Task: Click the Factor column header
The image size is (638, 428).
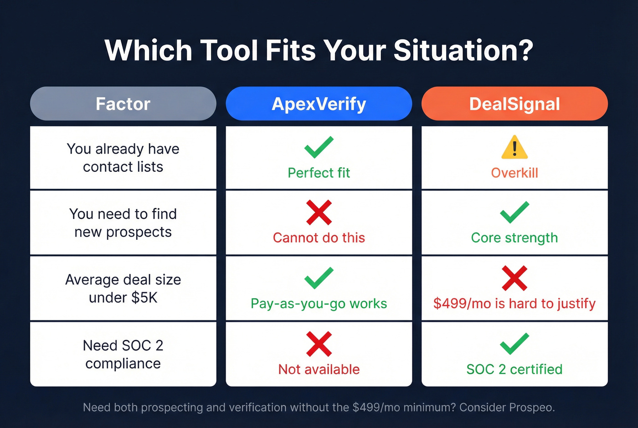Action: coord(123,104)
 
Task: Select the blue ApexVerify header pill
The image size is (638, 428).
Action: coord(319,104)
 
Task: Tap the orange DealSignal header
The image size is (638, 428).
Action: coord(515,104)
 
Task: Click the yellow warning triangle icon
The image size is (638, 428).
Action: coord(515,147)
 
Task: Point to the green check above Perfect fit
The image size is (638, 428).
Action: coord(319,147)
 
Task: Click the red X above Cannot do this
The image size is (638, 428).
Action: coord(319,212)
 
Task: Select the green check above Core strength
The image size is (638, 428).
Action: coord(515,212)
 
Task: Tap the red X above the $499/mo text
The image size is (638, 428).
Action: coord(515,278)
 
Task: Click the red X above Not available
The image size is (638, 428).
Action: coord(319,344)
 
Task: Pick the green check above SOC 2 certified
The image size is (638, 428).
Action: coord(515,344)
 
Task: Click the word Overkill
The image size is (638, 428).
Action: coord(515,173)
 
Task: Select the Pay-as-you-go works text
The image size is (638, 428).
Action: coord(319,304)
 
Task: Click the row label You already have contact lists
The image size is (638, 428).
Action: coord(123,158)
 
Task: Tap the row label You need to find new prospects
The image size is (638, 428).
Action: coord(123,223)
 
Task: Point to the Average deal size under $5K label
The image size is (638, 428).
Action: coord(123,289)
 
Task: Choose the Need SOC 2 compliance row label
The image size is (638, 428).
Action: coord(123,354)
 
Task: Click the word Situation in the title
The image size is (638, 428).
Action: coord(463,50)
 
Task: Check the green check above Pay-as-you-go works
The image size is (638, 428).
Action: coord(319,278)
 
